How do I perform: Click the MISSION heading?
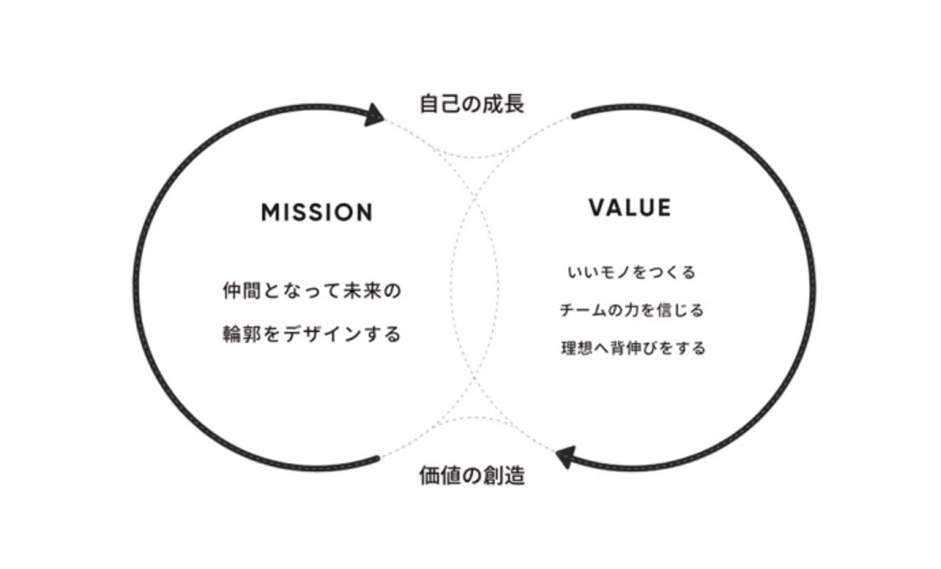pos(317,212)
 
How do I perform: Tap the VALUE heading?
pos(630,208)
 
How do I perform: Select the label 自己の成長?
pos(472,104)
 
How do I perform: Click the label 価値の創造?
pos(472,476)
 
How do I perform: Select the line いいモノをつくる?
pos(631,272)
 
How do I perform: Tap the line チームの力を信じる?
pos(631,310)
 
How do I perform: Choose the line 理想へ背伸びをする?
pos(633,348)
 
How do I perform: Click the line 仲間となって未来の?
pos(312,291)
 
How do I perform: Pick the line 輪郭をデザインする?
pos(312,334)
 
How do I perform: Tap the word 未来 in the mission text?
pos(362,291)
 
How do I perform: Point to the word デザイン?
pos(322,334)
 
